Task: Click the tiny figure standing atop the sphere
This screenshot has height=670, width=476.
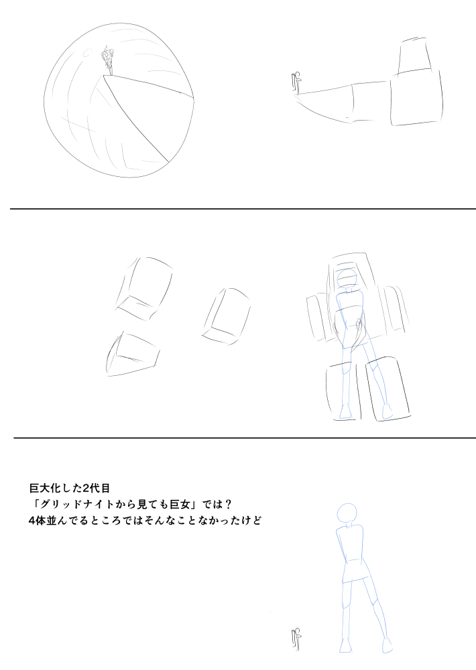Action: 107,62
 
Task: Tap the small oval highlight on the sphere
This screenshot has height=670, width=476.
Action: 86,52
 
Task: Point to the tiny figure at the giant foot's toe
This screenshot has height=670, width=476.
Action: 296,82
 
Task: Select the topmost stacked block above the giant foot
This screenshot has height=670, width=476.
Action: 414,56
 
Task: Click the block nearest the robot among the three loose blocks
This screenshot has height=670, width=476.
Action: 227,316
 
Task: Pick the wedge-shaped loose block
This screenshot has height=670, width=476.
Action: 133,354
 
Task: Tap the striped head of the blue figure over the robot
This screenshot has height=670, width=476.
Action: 347,279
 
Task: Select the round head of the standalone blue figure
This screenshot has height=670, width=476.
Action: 347,513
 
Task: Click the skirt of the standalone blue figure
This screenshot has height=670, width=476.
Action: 355,572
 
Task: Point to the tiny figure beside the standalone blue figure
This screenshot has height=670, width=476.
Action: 296,639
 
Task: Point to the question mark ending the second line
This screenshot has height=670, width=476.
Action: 227,505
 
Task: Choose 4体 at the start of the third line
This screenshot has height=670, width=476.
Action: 37,521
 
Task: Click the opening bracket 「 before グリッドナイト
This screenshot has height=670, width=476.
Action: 35,505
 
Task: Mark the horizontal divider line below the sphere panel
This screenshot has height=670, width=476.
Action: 243,209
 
